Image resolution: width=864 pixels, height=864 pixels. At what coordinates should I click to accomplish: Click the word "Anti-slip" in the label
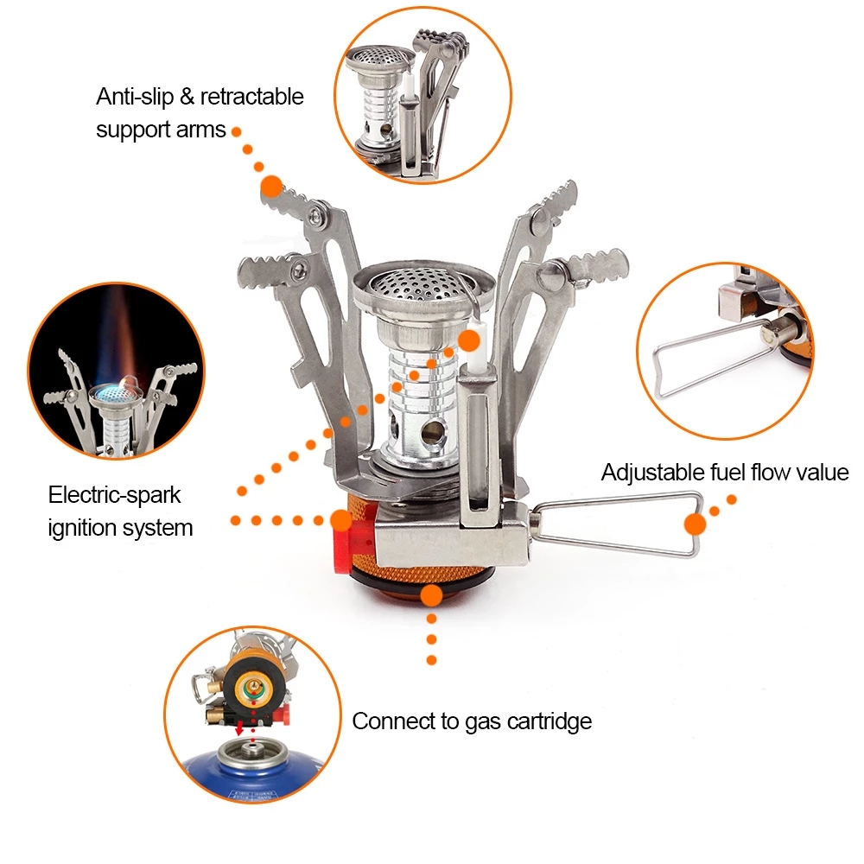135,97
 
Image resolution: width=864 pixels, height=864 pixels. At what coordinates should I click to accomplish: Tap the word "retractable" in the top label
251,97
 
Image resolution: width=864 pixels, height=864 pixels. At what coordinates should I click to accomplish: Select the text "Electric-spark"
114,495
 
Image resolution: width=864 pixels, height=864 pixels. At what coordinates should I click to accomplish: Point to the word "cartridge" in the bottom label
547,721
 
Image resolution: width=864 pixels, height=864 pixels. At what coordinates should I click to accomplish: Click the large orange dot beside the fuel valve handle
696,524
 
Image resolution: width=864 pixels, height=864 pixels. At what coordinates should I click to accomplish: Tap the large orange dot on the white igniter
469,340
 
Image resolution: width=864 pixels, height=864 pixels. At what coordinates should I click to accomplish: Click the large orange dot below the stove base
431,595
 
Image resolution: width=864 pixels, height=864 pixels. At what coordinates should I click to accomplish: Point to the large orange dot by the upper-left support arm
272,185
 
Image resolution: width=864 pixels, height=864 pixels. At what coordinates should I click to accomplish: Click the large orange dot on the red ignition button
341,520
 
